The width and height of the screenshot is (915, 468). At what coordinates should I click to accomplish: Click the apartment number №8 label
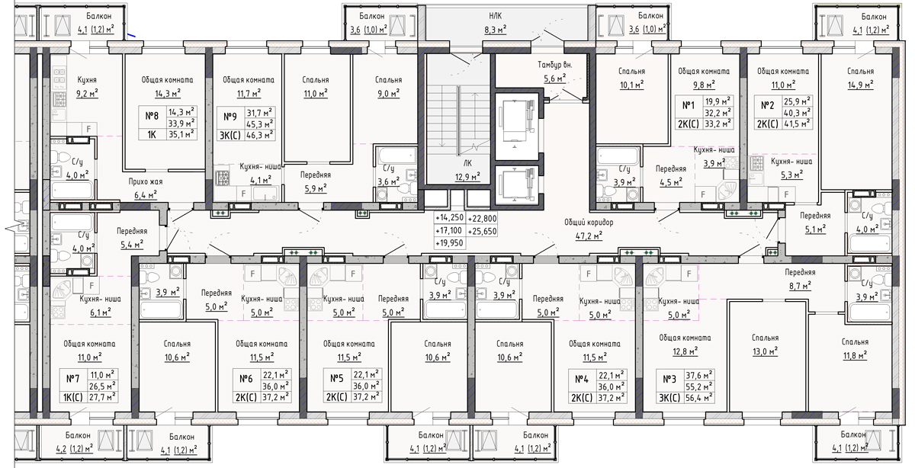coord(152,116)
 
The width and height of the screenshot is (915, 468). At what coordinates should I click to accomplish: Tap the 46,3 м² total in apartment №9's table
coord(259,135)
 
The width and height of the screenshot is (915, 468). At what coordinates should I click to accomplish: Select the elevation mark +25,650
coord(482,232)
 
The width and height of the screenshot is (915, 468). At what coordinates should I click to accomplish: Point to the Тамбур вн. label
coord(555,65)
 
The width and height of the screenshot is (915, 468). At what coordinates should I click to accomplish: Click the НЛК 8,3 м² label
coord(496,23)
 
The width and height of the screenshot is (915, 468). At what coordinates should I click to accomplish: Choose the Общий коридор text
coord(589,223)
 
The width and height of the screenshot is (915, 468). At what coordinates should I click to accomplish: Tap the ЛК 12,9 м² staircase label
coord(467,170)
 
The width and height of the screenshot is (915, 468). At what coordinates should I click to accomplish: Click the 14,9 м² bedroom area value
coord(860,85)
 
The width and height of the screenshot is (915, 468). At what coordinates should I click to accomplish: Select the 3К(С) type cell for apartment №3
coord(669,398)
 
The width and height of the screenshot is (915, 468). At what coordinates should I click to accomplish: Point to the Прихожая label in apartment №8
coord(146,182)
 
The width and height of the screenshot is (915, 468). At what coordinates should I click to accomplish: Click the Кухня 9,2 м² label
coord(87,87)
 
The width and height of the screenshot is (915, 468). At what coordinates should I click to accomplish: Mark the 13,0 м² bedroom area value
coord(765,351)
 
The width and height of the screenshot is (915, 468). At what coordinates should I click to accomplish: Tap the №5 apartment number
coord(336,379)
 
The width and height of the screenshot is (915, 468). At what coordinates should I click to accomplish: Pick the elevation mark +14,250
coord(449,218)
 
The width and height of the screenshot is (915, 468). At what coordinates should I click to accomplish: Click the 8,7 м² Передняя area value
coord(800,286)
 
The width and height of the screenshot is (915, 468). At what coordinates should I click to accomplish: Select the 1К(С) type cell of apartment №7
coord(72,398)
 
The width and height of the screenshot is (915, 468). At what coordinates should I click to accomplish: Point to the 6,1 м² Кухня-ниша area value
coord(100,313)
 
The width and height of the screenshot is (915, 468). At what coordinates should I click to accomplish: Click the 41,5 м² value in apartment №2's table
coord(797,123)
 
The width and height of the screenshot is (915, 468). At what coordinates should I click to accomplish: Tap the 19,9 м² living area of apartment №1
coord(718,101)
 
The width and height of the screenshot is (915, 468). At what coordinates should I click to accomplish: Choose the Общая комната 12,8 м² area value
coord(685,351)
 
